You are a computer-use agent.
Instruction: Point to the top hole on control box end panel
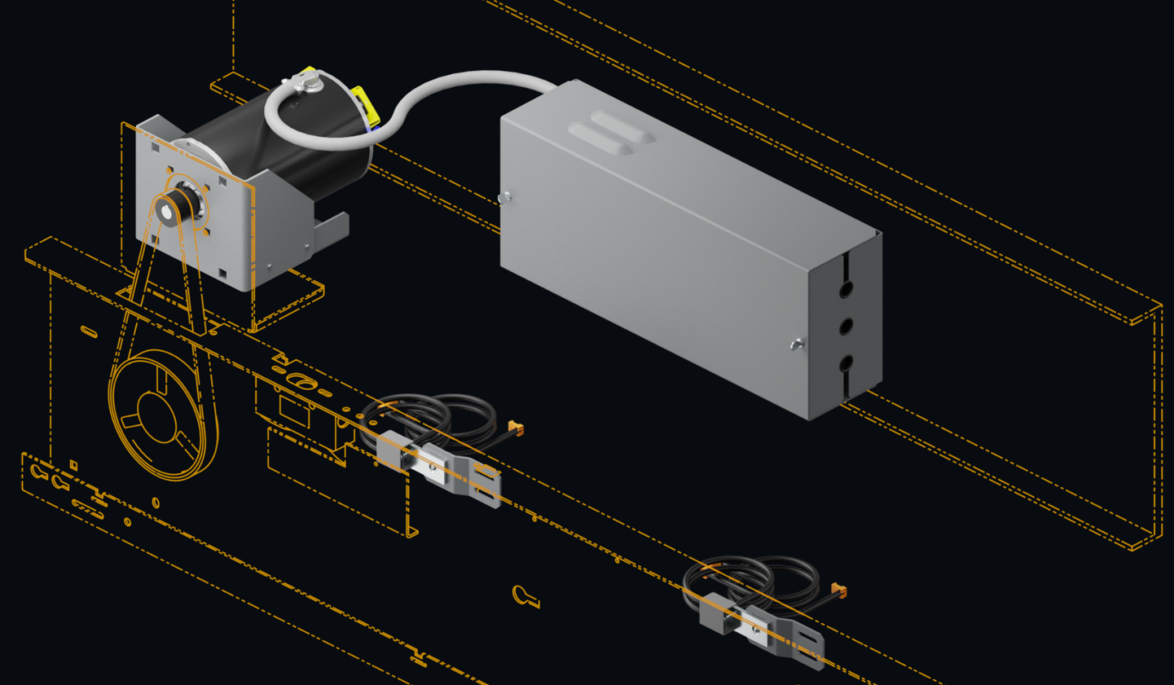pyautogui.click(x=846, y=290)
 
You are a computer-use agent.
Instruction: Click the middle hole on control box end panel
pyautogui.click(x=846, y=327)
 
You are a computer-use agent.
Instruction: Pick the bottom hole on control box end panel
pyautogui.click(x=846, y=363)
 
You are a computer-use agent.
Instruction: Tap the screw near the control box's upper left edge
pyautogui.click(x=503, y=198)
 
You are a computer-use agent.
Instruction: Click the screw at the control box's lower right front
pyautogui.click(x=797, y=345)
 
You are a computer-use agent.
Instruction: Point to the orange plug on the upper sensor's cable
pyautogui.click(x=515, y=428)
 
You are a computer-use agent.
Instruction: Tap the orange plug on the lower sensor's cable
pyautogui.click(x=839, y=591)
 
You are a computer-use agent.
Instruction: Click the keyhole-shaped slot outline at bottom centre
pyautogui.click(x=524, y=596)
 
